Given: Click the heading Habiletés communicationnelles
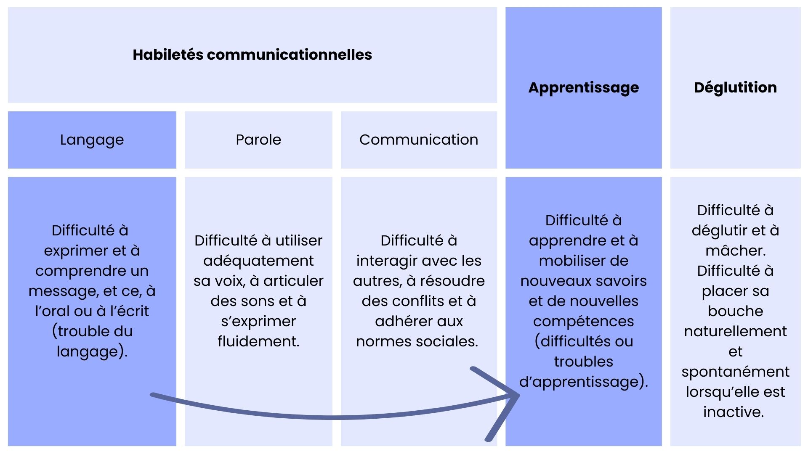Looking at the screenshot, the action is coord(252,55).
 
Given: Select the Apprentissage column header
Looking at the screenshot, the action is coord(584,88).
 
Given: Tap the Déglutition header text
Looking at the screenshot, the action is coord(735,87).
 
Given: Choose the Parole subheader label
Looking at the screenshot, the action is coord(258,140).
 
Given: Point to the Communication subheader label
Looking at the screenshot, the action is coord(419,140).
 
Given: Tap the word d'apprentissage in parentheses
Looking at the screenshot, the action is coord(579,382).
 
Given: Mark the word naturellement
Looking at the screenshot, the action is coord(736,331).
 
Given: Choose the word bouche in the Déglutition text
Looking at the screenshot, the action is coord(736,311).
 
